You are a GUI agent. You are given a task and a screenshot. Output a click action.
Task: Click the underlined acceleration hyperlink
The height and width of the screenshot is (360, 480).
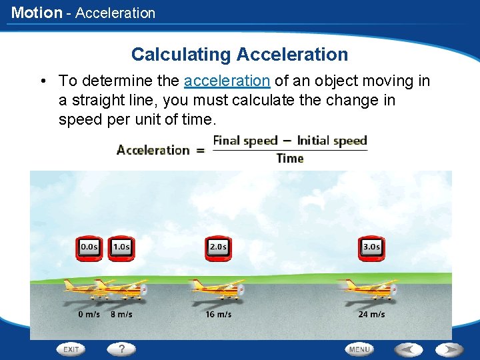click(x=227, y=81)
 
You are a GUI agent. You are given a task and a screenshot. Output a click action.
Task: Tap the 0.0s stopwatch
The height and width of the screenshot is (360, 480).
click(x=89, y=247)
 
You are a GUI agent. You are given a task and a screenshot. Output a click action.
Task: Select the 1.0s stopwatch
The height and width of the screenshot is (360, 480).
click(x=121, y=247)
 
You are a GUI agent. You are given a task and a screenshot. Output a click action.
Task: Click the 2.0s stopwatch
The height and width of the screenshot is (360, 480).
click(x=217, y=247)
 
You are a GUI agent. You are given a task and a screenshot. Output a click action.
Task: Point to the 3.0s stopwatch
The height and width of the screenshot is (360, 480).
click(x=371, y=247)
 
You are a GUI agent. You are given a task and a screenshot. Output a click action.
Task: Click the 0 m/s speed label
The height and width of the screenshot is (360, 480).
click(x=89, y=314)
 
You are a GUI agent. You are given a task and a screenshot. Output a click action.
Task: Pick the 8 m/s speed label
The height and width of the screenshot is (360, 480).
click(x=121, y=314)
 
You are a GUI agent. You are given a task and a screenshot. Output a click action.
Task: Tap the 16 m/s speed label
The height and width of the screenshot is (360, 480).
click(x=218, y=314)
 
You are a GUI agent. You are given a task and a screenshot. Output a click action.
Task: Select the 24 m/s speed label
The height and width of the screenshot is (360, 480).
click(x=371, y=314)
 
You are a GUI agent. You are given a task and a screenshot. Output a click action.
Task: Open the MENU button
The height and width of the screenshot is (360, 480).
click(x=359, y=349)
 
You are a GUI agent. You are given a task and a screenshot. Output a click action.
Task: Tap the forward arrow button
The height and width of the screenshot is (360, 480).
click(x=449, y=349)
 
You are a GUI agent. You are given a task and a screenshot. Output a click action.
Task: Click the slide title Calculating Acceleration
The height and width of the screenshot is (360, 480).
click(x=239, y=54)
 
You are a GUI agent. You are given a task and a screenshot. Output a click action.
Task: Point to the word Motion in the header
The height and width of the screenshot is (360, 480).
click(x=36, y=13)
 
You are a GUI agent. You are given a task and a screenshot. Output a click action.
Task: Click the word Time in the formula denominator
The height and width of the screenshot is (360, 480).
click(x=290, y=159)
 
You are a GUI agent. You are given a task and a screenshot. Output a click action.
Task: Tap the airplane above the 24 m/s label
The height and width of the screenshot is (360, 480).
click(x=370, y=289)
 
